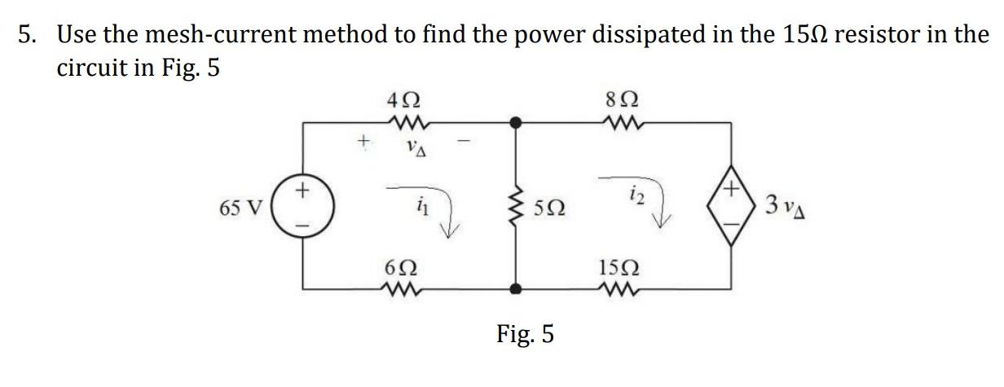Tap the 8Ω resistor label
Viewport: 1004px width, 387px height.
coord(621,104)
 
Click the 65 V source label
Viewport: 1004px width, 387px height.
coord(240,206)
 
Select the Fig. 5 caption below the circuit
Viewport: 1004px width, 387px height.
coord(526,333)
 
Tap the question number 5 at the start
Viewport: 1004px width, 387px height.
coord(28,34)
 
